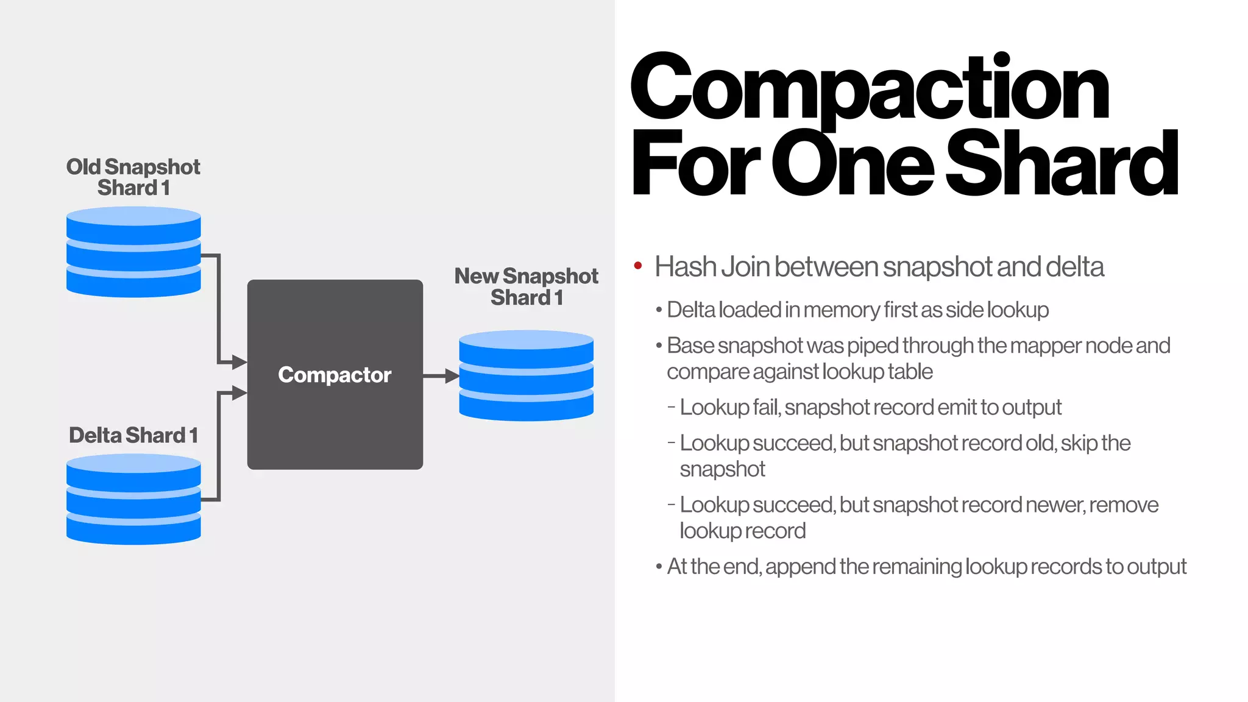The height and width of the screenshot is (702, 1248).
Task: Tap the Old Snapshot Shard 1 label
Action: click(x=133, y=177)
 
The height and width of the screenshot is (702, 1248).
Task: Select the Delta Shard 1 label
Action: click(x=133, y=435)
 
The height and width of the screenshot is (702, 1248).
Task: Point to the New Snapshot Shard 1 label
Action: click(x=526, y=286)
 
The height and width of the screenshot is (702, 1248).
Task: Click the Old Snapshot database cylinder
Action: click(x=133, y=252)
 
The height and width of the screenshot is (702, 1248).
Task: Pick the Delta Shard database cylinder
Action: click(x=133, y=499)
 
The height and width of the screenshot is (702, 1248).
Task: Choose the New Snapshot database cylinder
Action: click(x=526, y=375)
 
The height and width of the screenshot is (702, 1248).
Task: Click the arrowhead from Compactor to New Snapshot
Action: click(x=452, y=376)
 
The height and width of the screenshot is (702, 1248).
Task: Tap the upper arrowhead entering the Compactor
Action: click(x=239, y=363)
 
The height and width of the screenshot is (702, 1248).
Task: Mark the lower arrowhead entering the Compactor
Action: click(x=239, y=393)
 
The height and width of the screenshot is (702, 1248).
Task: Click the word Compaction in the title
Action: click(x=869, y=88)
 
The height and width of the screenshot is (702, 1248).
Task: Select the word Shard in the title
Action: click(x=1061, y=165)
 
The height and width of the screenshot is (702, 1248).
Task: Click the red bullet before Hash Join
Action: click(x=638, y=266)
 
